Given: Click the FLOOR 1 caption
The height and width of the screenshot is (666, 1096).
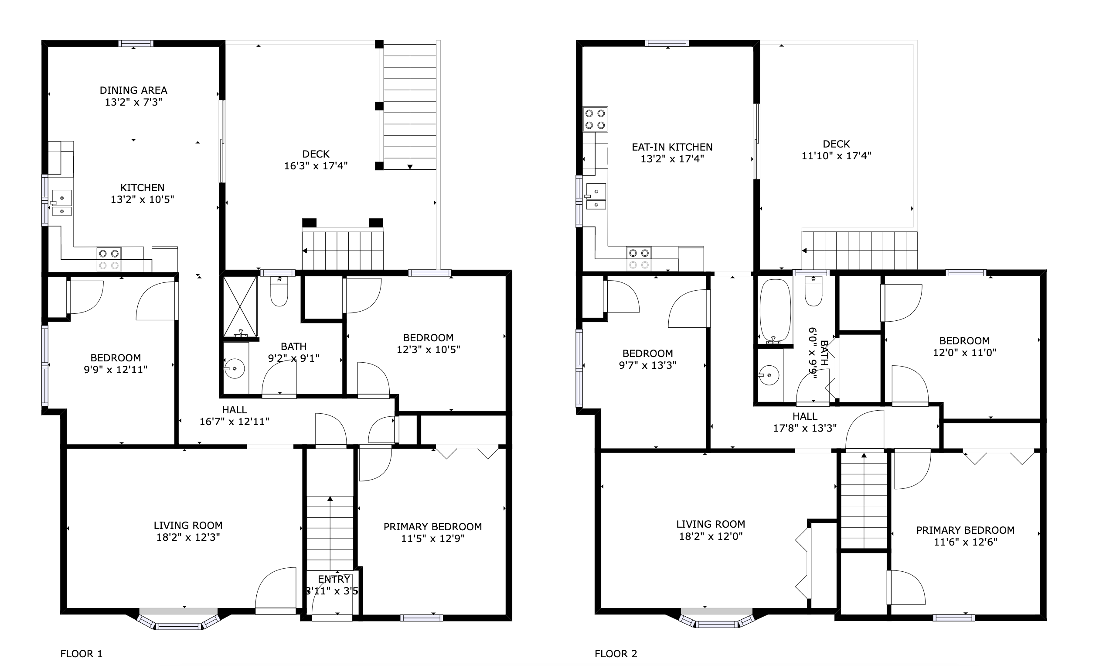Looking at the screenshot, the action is [82, 653].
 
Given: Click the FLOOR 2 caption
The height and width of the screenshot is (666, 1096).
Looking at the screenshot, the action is [616, 653].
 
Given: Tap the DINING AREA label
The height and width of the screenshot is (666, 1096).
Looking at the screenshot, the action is [133, 90].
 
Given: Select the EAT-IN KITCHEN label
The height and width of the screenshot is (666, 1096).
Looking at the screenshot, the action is [672, 147].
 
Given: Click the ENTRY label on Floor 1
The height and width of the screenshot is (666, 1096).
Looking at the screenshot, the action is [334, 579].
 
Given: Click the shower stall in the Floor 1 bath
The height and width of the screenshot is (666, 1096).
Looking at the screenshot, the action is [240, 307].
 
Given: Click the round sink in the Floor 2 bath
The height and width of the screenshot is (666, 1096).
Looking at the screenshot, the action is [769, 375].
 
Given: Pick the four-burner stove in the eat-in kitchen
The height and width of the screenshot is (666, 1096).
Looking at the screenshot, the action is [595, 119].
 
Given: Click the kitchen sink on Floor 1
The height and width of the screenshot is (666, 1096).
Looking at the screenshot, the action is [61, 203].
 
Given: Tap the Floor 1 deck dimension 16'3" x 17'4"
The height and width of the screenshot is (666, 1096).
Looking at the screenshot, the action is [316, 166].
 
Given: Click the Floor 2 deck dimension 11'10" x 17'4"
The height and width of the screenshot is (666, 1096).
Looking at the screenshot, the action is [836, 156].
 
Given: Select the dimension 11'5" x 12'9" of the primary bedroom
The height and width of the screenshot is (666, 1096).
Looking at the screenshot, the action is [433, 539].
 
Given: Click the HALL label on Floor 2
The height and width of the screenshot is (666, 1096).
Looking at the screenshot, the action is [805, 416].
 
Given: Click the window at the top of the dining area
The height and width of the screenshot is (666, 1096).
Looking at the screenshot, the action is [136, 43].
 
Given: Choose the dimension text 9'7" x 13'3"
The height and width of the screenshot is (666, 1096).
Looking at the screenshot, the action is [648, 365].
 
